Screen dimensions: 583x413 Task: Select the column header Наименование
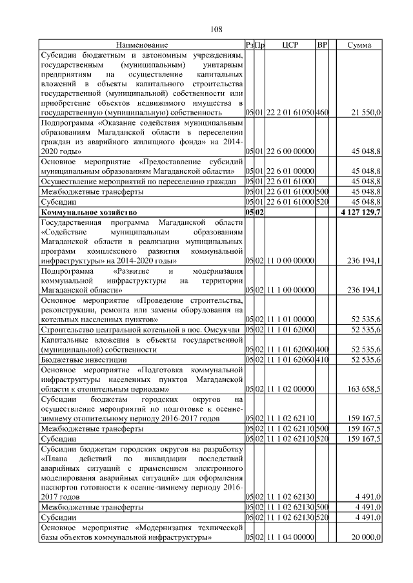click(x=141, y=45)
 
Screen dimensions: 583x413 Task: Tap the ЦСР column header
click(x=289, y=45)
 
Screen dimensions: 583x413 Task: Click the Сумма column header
click(x=359, y=45)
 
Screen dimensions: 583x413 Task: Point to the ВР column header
click(x=322, y=45)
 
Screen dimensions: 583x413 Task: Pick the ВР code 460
click(x=322, y=113)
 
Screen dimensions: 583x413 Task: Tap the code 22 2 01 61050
click(x=289, y=113)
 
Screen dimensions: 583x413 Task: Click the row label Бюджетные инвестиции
click(x=81, y=359)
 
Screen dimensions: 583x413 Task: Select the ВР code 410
click(x=322, y=359)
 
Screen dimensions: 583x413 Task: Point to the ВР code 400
click(x=322, y=349)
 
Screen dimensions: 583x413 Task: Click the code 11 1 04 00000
click(x=289, y=537)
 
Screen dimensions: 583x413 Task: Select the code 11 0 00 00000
click(x=289, y=261)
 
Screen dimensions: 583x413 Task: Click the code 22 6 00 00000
click(x=289, y=151)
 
